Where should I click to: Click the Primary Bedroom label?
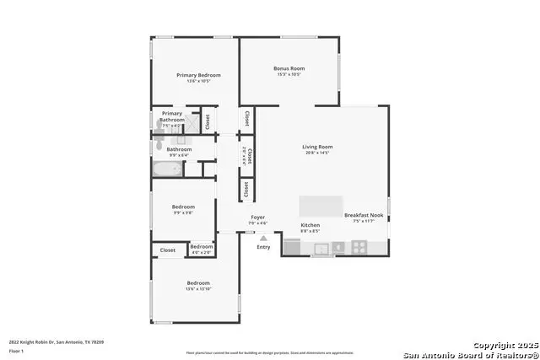click(198, 75)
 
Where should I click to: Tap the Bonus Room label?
click(289, 68)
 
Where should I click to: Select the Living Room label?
click(317, 148)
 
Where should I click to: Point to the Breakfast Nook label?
click(364, 215)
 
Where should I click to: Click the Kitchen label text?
click(310, 225)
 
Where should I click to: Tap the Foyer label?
click(258, 218)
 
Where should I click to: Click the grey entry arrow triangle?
click(263, 238)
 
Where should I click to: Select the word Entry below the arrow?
click(263, 247)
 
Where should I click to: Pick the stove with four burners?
click(359, 247)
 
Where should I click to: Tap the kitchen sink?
click(321, 248)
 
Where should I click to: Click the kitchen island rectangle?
click(321, 207)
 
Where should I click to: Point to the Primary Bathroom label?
click(172, 116)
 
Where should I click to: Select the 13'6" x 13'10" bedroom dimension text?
click(198, 289)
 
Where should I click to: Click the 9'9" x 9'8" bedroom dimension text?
click(184, 212)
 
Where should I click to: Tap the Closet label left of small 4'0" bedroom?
click(168, 250)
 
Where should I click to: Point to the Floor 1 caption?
click(16, 350)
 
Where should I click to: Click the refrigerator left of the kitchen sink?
click(292, 247)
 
